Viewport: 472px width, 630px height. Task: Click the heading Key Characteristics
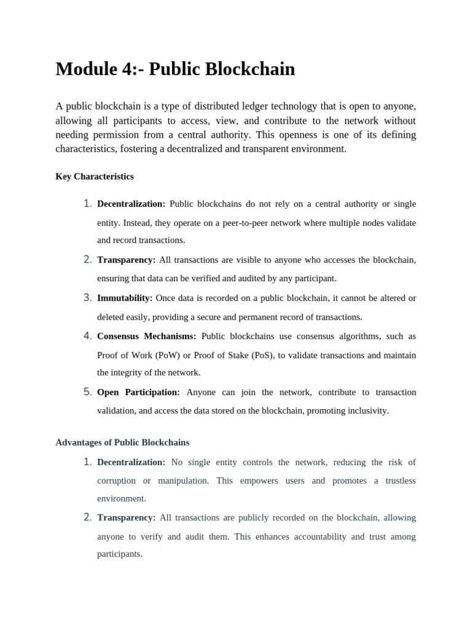(95, 177)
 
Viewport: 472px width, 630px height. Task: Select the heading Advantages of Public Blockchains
(122, 442)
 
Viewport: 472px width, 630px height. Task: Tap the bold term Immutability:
(125, 298)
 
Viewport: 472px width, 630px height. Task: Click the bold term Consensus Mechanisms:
(147, 337)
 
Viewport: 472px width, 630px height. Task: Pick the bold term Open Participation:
(138, 393)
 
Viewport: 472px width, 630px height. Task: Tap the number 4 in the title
(128, 70)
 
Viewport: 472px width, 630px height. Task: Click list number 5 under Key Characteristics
(87, 392)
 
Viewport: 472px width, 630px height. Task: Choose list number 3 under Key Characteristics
(87, 298)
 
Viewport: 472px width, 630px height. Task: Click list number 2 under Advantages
(87, 517)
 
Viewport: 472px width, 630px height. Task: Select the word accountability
(316, 536)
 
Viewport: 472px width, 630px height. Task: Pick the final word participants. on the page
(120, 554)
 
